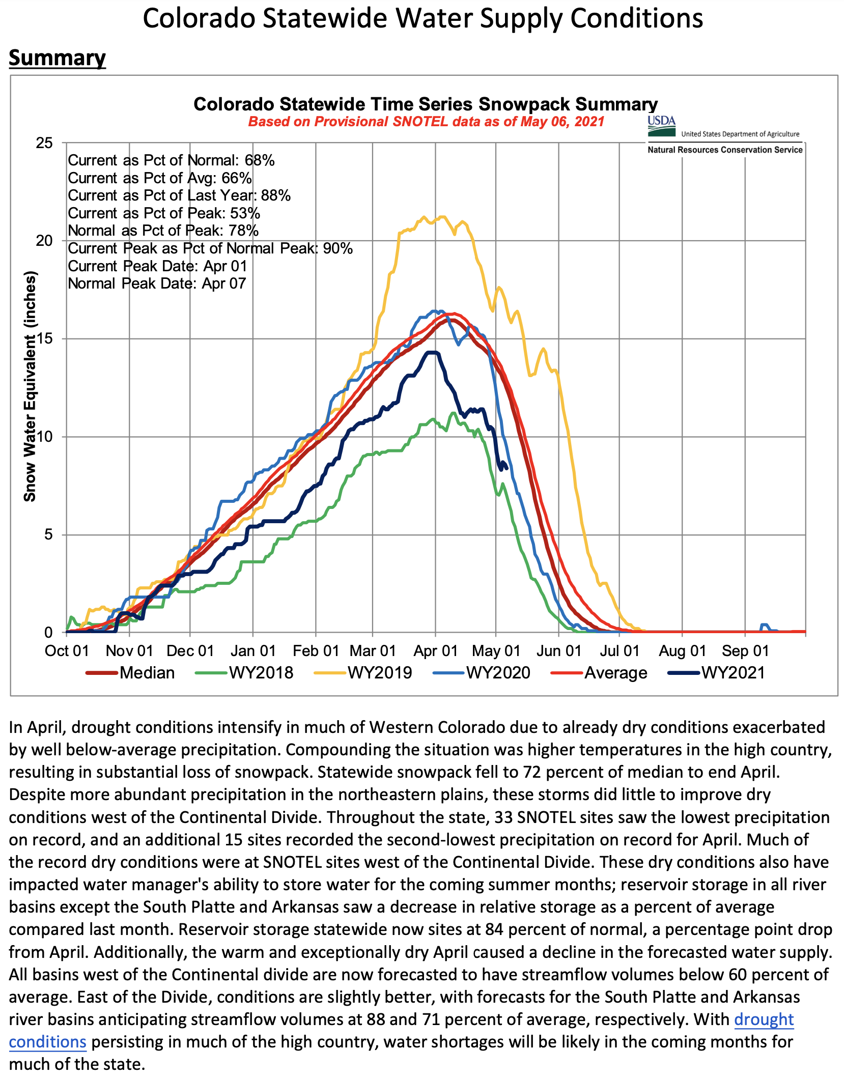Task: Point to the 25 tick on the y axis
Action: coord(45,143)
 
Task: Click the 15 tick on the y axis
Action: coord(45,339)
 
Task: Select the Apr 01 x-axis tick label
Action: coord(435,651)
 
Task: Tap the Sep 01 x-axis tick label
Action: coord(745,651)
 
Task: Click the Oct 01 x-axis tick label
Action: coord(67,651)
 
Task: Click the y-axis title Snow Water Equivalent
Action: coord(31,387)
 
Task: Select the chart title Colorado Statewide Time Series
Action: coord(426,104)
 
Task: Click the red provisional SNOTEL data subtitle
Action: coord(426,122)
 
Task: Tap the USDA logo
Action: coord(661,127)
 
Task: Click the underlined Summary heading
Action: coord(57,58)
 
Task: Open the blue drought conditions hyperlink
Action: coord(764,1019)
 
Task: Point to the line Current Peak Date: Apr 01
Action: coord(157,266)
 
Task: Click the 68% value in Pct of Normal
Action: coord(260,160)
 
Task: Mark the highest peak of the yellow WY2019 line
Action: coord(442,216)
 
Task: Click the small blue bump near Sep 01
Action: coord(764,625)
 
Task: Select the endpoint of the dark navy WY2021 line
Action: coord(506,469)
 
